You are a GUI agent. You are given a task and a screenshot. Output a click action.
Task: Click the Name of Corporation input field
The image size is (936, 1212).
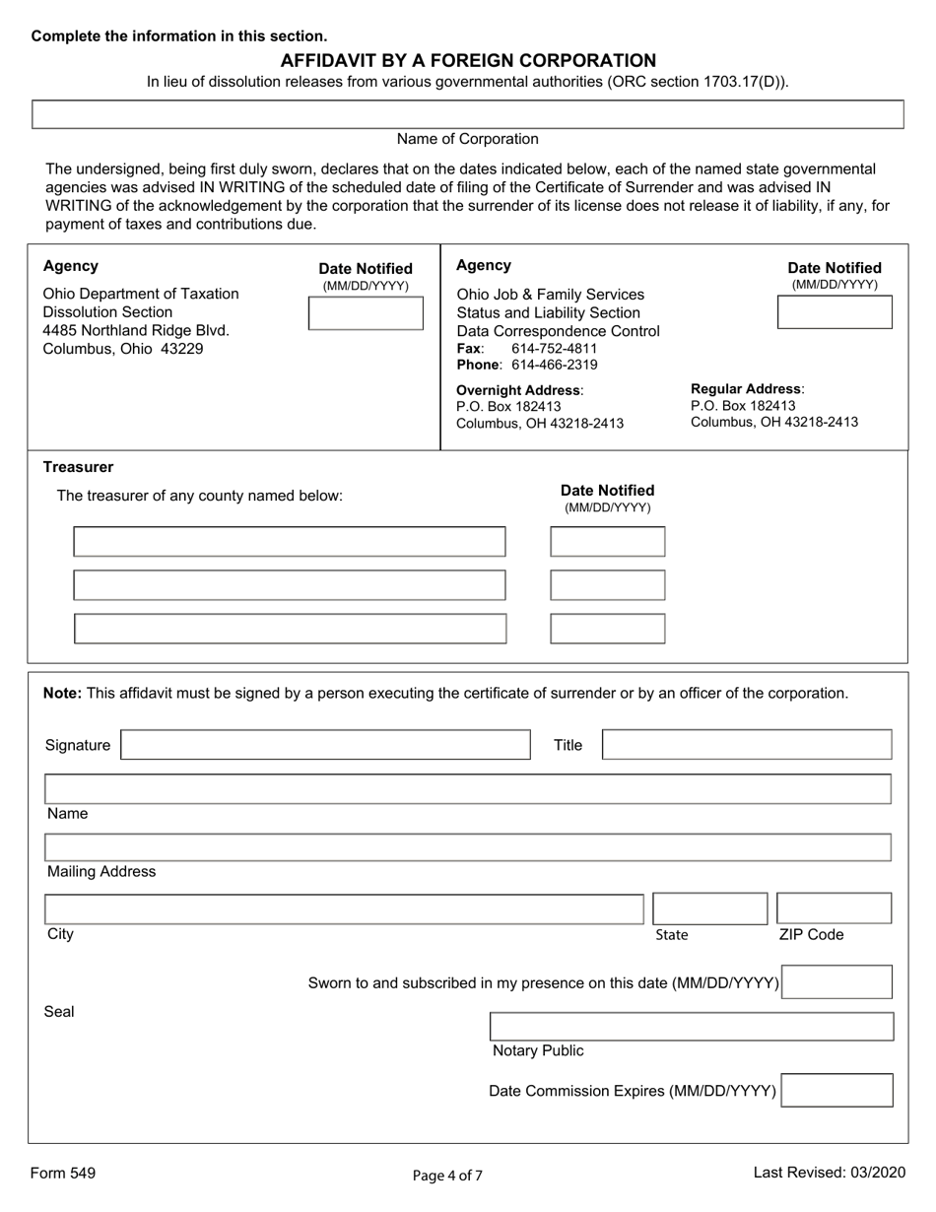click(468, 114)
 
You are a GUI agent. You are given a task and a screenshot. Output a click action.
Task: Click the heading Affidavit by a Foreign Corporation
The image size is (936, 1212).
click(468, 60)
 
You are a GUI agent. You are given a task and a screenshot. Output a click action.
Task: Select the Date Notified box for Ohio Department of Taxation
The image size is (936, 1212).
click(365, 312)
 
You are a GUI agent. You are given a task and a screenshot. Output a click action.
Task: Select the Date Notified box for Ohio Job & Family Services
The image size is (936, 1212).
click(835, 312)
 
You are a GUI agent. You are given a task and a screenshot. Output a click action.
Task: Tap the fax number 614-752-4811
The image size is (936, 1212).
click(554, 349)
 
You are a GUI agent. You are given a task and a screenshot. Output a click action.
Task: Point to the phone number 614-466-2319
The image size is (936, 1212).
click(555, 365)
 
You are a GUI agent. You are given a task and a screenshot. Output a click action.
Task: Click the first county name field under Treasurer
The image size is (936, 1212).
click(290, 542)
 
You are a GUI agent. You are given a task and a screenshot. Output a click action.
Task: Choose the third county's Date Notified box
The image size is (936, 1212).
click(607, 629)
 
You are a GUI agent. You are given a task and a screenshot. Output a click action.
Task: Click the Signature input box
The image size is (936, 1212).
click(325, 745)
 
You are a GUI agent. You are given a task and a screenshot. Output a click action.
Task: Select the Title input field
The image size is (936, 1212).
click(746, 745)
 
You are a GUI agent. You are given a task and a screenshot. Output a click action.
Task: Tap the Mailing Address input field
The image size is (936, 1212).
click(468, 847)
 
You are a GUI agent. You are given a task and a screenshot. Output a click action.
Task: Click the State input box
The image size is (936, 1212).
click(709, 909)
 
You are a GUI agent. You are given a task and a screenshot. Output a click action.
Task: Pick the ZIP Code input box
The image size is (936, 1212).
click(834, 909)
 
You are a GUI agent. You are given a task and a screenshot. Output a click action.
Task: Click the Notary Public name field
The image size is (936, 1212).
click(692, 1027)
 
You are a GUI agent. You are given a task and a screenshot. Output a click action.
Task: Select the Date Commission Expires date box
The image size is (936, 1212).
click(836, 1091)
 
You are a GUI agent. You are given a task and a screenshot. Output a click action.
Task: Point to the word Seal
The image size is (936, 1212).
click(59, 1012)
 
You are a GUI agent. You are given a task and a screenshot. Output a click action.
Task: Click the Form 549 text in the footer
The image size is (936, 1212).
click(63, 1173)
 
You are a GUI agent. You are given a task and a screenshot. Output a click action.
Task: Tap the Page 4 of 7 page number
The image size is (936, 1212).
click(447, 1175)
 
